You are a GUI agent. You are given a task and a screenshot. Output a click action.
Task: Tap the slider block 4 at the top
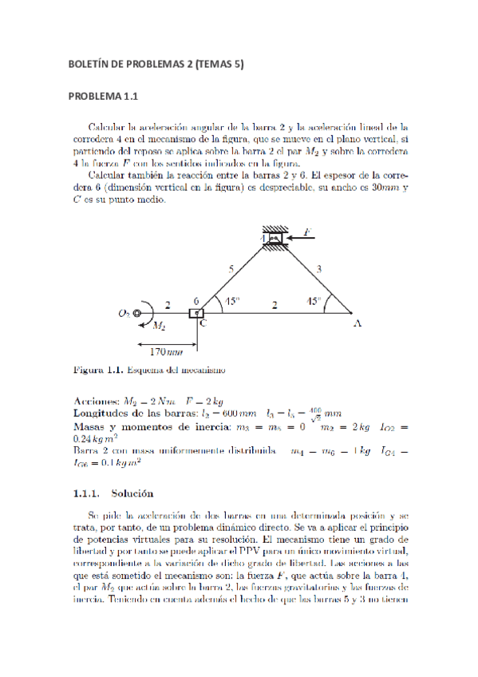coord(273,238)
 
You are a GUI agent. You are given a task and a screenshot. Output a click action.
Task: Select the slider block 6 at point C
coord(196,312)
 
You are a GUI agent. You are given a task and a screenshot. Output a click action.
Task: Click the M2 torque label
coord(159,326)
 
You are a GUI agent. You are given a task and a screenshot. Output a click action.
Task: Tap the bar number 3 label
coord(318,271)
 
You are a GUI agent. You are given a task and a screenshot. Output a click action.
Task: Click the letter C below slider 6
coord(203,323)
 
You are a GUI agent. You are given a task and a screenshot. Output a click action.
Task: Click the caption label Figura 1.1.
coord(99,370)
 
